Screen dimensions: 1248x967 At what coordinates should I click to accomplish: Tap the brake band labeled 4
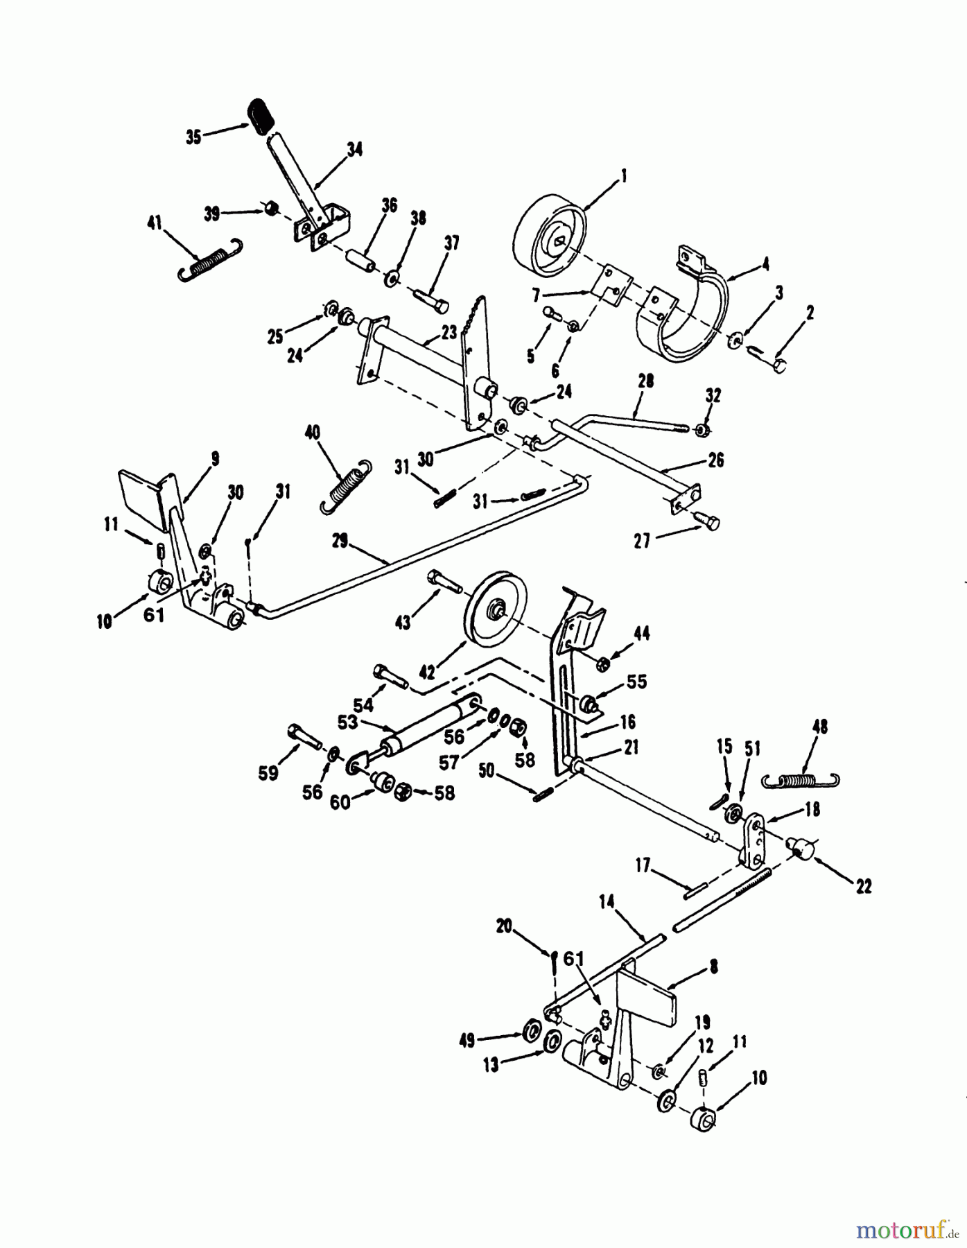click(x=686, y=315)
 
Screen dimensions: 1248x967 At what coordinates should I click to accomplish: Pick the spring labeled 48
click(x=802, y=780)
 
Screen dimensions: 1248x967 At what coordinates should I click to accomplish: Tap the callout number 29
click(x=339, y=542)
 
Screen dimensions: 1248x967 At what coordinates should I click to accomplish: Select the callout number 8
click(x=713, y=965)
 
